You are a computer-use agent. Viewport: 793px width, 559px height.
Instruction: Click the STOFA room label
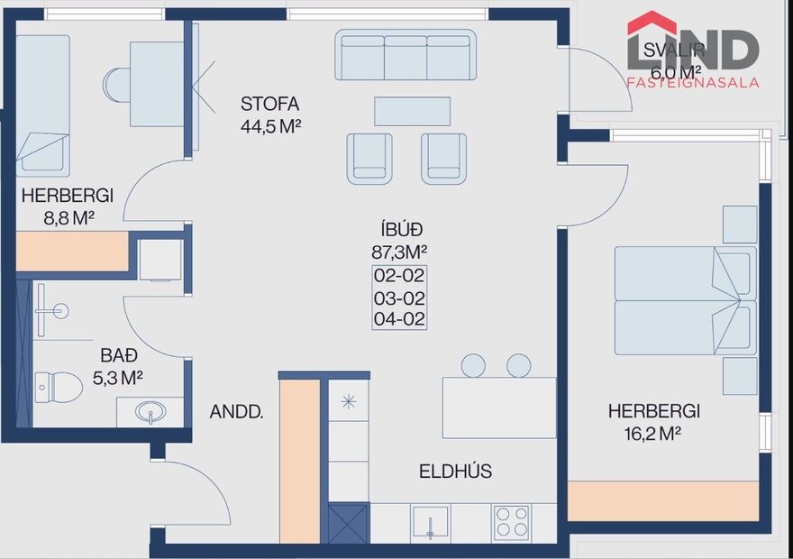pos(269,103)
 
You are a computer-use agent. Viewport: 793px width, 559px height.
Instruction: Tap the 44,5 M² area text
pos(270,126)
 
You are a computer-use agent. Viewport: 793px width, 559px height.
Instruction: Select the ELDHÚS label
pos(455,472)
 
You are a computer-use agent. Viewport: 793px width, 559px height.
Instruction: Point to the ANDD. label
pos(236,413)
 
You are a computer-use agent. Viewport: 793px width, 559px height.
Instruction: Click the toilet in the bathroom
pos(58,387)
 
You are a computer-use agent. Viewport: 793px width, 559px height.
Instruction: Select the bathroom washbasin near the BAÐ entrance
pos(150,412)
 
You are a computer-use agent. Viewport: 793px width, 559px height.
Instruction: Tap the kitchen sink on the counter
pos(431,522)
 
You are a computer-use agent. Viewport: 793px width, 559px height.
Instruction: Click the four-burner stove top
pos(512,521)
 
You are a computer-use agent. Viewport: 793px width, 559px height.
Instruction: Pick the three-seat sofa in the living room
pos(406,56)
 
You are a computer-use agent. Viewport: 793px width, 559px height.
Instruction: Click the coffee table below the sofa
pos(412,111)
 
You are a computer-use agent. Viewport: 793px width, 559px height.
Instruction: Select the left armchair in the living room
pos(369,158)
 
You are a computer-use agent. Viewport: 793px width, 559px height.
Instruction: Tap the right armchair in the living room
pos(443,158)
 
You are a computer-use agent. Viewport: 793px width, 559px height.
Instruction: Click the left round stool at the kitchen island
pos(473,365)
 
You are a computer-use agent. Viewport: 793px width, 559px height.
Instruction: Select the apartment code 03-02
pos(399,298)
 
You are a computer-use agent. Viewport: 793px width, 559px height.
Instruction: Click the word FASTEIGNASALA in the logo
pos(693,82)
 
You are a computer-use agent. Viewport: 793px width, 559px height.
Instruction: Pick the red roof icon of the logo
pos(652,23)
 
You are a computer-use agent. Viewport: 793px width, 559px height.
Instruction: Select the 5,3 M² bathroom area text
pos(118,378)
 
